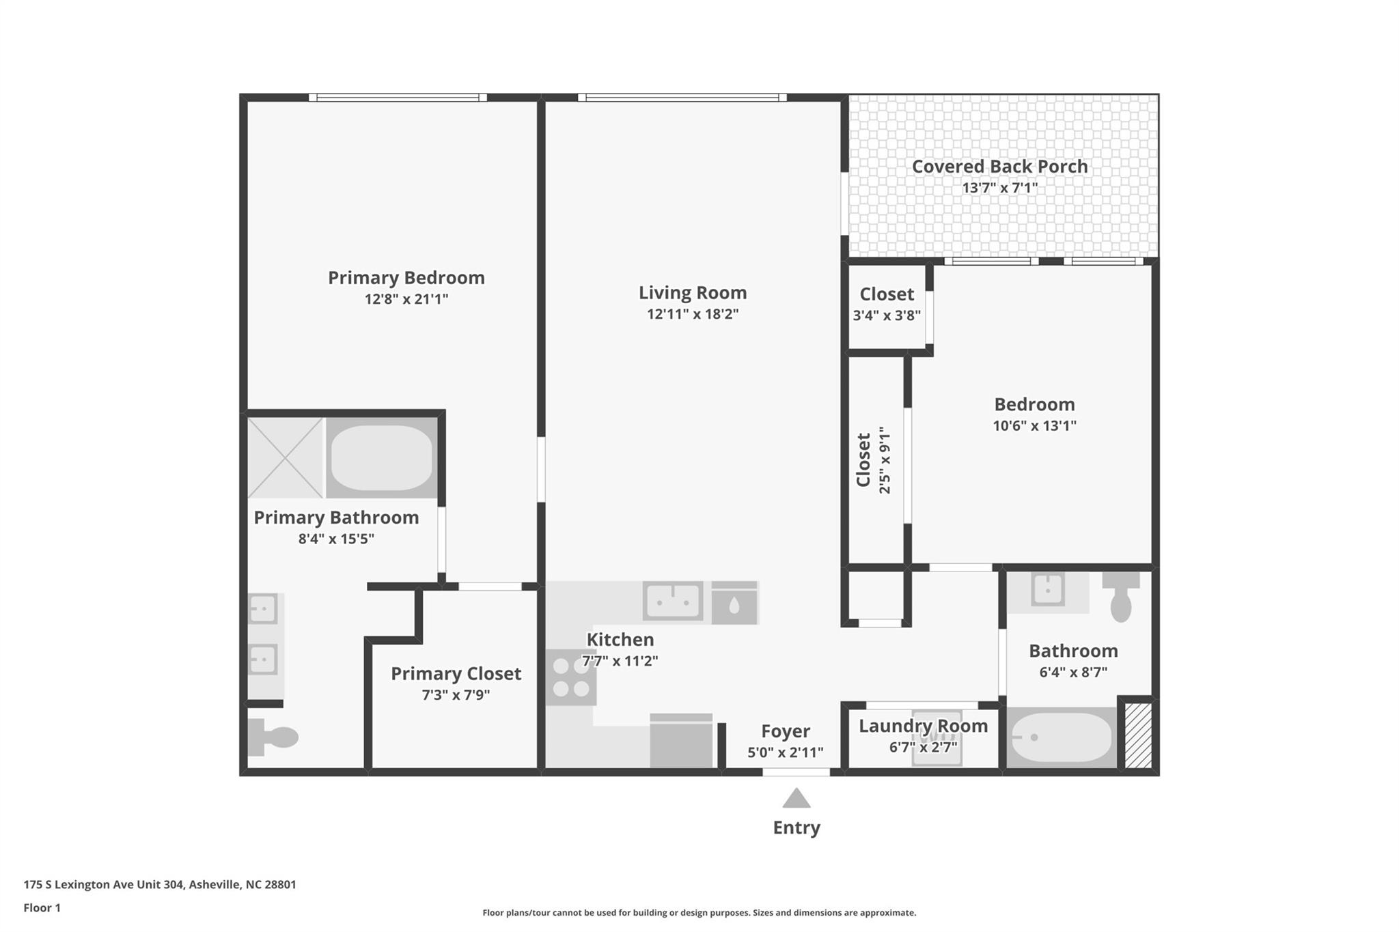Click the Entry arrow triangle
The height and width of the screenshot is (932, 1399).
(x=796, y=799)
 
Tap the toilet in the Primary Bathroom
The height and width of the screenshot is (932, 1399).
(x=273, y=737)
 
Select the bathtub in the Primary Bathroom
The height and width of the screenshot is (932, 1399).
(x=382, y=457)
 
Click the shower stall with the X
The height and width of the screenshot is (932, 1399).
(x=285, y=457)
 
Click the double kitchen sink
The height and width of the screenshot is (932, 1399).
(x=673, y=602)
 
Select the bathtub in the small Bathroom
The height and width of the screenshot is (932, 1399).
(x=1062, y=737)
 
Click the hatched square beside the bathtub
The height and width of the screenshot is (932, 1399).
(x=1138, y=736)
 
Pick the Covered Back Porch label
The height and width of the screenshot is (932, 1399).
(x=1000, y=167)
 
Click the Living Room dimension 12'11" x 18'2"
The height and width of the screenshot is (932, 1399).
(x=693, y=314)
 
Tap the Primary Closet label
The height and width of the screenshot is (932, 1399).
(x=456, y=674)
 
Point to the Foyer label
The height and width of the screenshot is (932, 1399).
(x=786, y=732)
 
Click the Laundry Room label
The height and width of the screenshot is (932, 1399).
(x=924, y=726)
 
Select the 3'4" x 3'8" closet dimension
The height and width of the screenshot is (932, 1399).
(x=887, y=315)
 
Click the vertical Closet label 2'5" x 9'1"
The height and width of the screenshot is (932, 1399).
(x=874, y=460)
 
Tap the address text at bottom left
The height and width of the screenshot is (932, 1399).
(x=160, y=885)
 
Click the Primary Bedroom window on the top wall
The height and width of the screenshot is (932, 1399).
(x=398, y=98)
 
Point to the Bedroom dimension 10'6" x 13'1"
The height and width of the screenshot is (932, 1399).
(x=1034, y=425)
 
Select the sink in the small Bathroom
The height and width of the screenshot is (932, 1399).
(x=1047, y=589)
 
